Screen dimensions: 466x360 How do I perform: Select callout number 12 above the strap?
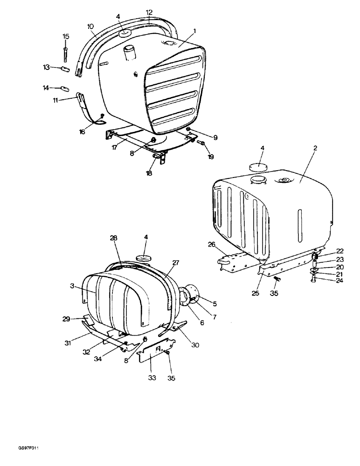(149, 12)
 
